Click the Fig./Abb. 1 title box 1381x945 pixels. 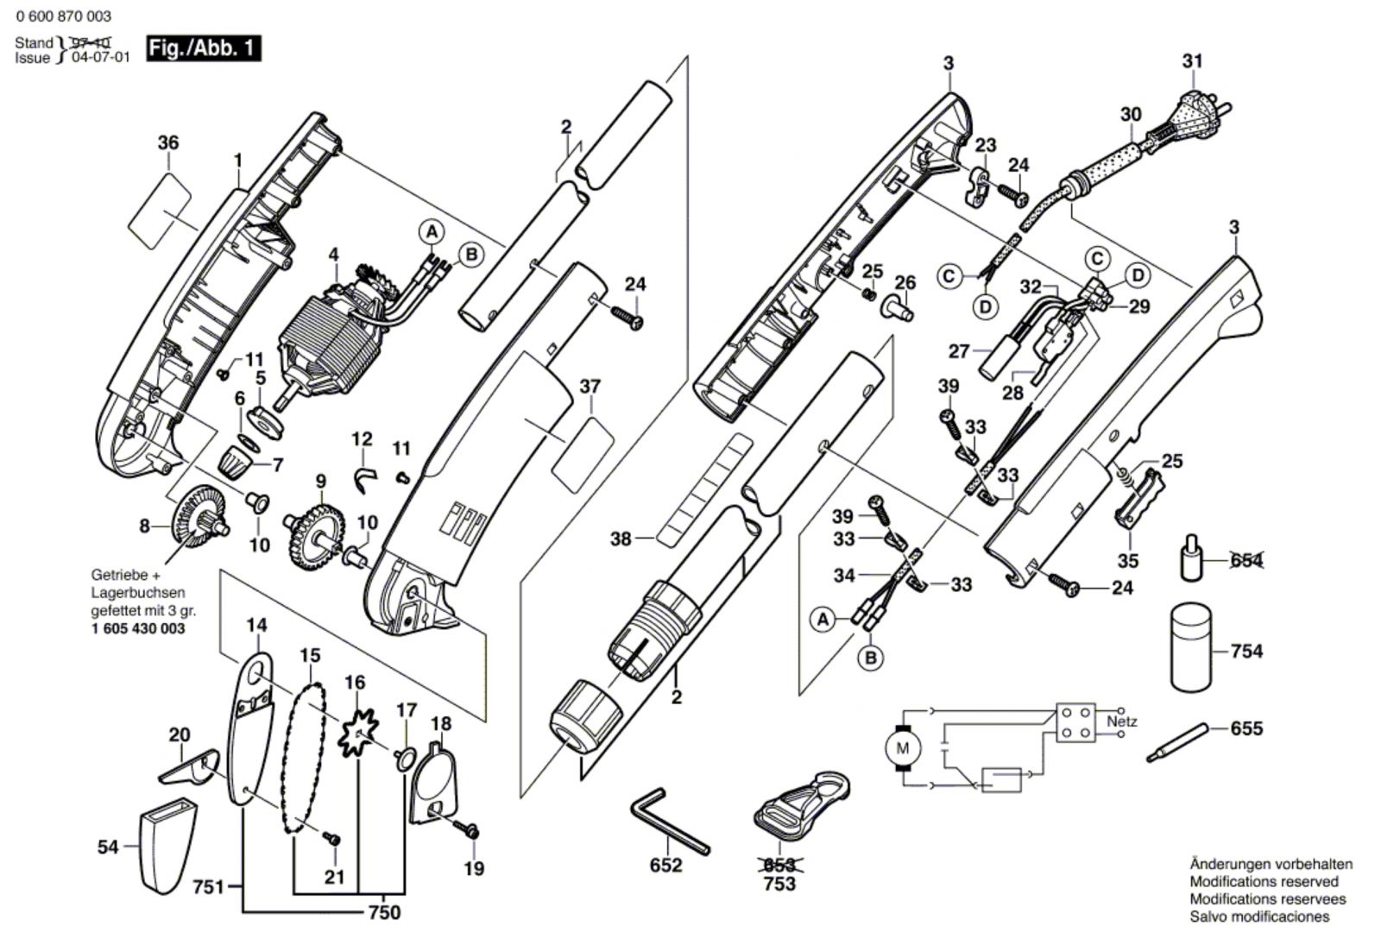[x=203, y=48]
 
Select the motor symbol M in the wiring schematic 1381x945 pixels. [x=903, y=748]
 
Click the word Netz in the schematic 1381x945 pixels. [x=1122, y=721]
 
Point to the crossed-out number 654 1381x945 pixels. [x=1245, y=561]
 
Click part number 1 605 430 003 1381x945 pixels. [x=137, y=628]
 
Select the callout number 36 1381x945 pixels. [x=168, y=142]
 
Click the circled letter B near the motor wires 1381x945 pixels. [x=470, y=255]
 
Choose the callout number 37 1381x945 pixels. [x=590, y=386]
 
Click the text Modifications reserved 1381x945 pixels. [x=1264, y=881]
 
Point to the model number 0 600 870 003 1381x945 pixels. [x=63, y=16]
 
